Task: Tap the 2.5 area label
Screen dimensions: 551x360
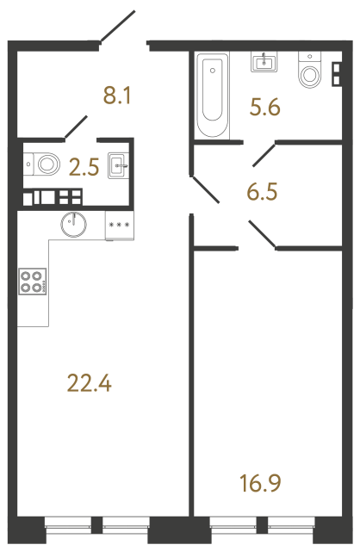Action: coord(84,164)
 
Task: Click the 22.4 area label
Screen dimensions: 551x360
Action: coord(90,381)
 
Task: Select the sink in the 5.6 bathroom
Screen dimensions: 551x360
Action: coord(263,62)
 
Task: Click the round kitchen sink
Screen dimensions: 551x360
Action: coord(74,225)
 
